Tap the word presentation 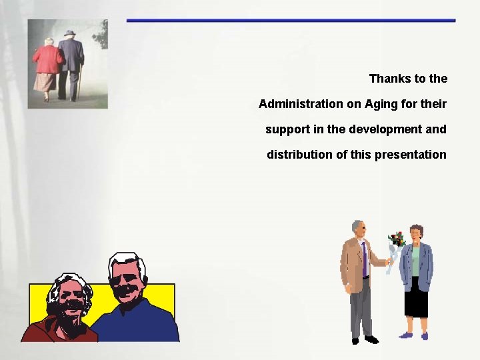[x=411, y=155]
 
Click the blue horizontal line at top [x=291, y=21]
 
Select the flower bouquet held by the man [x=397, y=243]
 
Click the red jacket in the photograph [x=47, y=60]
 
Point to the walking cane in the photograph [x=79, y=81]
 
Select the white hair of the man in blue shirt [x=127, y=259]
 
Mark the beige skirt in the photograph [x=45, y=82]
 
